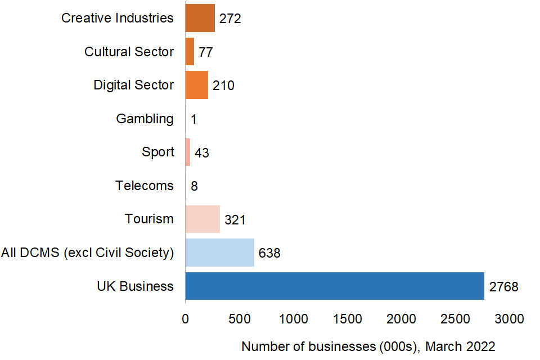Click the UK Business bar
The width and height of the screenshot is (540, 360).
click(335, 286)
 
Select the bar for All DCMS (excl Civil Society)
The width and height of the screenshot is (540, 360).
click(219, 253)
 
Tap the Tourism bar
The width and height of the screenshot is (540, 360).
click(202, 219)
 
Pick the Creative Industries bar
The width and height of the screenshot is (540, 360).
click(200, 18)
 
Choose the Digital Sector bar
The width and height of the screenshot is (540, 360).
click(196, 85)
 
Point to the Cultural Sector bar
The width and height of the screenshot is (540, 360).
click(190, 52)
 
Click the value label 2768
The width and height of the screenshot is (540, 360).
click(503, 287)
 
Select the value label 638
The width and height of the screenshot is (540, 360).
click(269, 253)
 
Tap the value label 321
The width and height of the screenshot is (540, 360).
click(235, 219)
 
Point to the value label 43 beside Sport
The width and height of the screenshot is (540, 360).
click(202, 152)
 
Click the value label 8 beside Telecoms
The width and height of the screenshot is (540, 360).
click(194, 186)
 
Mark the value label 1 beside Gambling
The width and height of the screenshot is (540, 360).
click(193, 119)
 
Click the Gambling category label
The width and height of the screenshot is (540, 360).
click(145, 119)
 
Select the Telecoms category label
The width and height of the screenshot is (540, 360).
click(145, 186)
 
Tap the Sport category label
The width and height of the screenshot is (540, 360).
click(158, 152)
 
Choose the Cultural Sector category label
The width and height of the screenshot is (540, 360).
click(129, 52)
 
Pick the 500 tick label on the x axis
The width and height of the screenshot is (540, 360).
click(239, 319)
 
